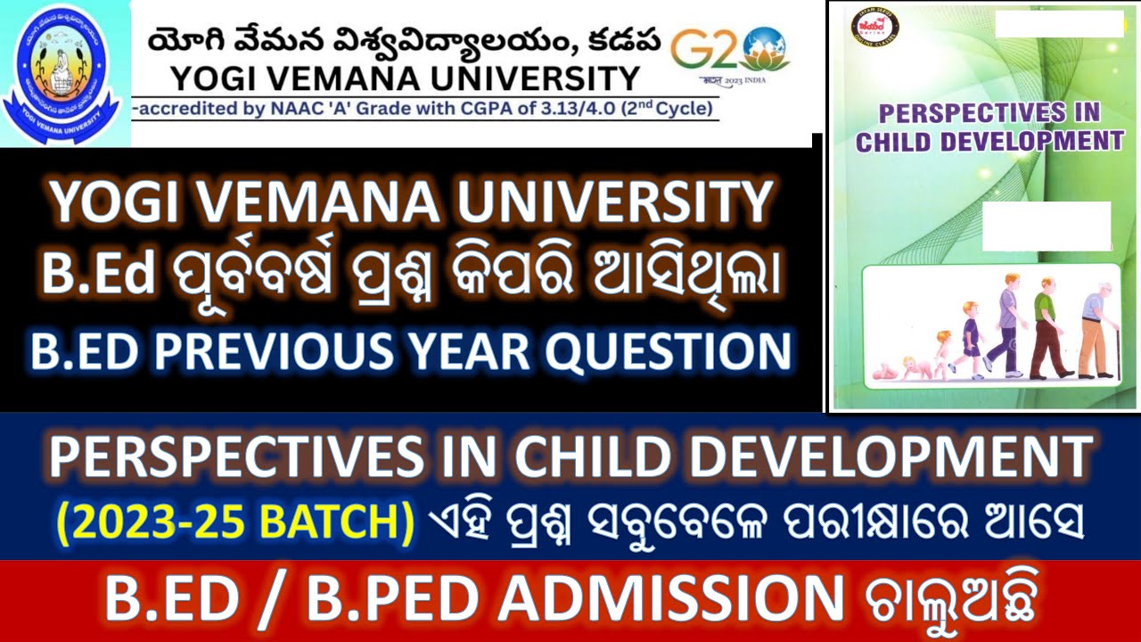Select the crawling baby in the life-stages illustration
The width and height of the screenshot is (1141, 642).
[x=907, y=368]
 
